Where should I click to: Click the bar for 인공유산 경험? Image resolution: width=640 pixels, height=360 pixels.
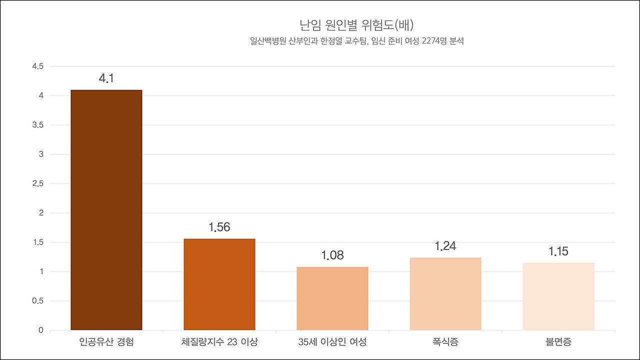click(106, 210)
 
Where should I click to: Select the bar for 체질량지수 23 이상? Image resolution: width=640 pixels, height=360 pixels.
click(219, 284)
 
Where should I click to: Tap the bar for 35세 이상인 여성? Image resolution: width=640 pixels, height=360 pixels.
click(332, 298)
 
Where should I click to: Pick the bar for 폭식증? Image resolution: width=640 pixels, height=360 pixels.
click(445, 294)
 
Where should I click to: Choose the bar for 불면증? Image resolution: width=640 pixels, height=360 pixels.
click(558, 296)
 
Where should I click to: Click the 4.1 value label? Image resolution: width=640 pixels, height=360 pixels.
click(106, 78)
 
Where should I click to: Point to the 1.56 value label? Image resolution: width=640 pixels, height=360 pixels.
click(219, 227)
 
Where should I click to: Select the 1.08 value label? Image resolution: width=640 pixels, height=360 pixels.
click(332, 255)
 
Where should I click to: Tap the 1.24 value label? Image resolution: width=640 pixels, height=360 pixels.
click(445, 246)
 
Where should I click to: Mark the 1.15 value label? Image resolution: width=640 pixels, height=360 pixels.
click(558, 251)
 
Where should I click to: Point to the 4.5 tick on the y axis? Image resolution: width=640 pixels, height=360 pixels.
click(38, 66)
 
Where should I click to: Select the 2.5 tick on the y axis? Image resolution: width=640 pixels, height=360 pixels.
click(38, 183)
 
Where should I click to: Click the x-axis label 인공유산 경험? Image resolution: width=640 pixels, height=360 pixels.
click(106, 342)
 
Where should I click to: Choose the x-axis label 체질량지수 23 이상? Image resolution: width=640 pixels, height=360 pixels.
click(219, 342)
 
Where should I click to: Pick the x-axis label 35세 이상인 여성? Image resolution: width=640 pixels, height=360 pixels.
click(332, 342)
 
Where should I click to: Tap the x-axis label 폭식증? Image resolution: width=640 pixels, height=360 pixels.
click(445, 342)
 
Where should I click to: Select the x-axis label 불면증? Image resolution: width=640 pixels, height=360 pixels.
click(558, 342)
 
